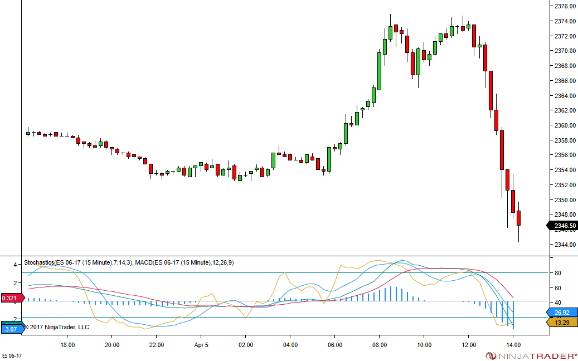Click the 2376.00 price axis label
pos(565,6)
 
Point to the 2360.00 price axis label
pos(565,125)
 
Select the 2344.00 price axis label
pos(565,245)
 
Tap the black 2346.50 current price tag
pos(564,226)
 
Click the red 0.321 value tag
pos(11,298)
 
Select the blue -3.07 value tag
pos(11,329)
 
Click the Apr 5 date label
pos(201,345)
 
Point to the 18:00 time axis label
pos(67,345)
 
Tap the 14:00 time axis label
pos(513,345)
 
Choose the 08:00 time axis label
pos(380,345)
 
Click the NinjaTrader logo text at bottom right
pos(536,355)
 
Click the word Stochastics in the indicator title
pos(39,262)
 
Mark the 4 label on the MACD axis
pos(15,265)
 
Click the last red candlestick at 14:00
pos(518,218)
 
